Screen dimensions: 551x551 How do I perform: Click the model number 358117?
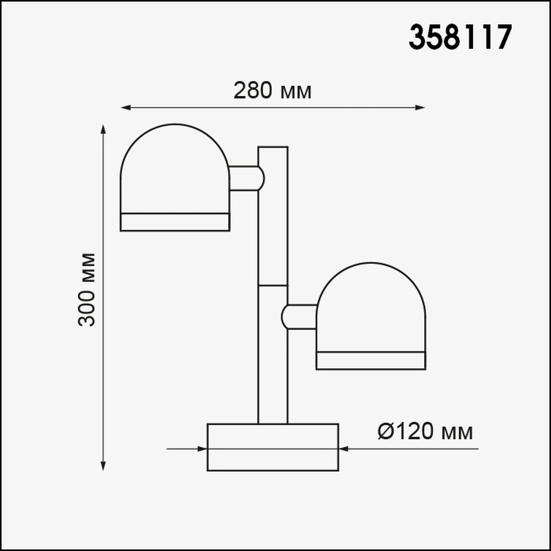[x=460, y=37]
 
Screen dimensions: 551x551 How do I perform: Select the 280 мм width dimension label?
[x=272, y=90]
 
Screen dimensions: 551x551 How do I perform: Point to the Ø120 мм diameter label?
[x=425, y=432]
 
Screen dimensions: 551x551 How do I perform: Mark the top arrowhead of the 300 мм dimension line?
[x=103, y=129]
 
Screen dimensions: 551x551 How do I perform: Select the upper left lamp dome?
[x=175, y=171]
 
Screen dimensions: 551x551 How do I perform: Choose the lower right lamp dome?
[x=371, y=309]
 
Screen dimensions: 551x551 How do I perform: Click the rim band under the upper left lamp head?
[x=175, y=222]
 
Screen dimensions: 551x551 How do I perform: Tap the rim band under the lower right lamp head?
[x=371, y=360]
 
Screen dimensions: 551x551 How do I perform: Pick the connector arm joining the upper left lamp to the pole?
[x=246, y=178]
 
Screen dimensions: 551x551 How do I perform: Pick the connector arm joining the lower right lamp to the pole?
[x=300, y=316]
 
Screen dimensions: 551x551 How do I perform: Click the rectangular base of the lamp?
[x=273, y=447]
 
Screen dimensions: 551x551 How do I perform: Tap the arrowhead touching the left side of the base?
[x=202, y=449]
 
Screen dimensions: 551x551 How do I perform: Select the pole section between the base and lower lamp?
[x=273, y=380]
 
